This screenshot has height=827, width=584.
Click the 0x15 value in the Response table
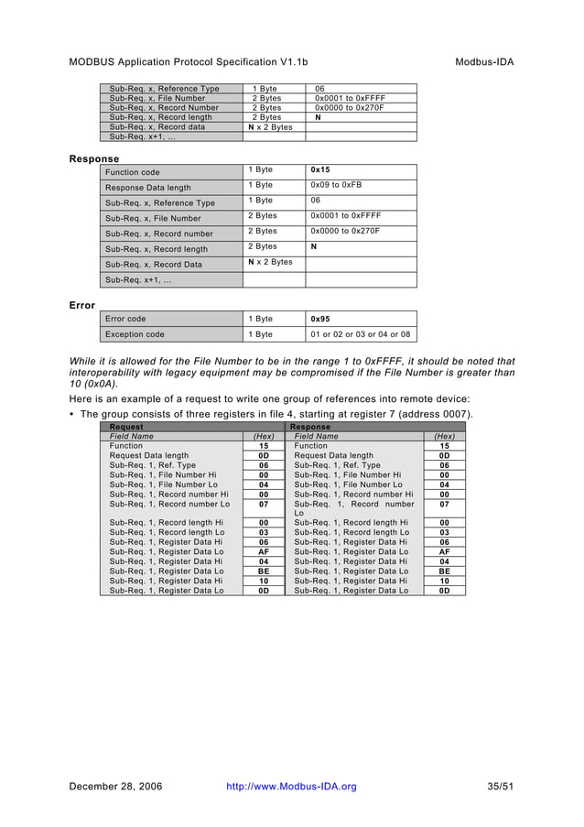point(320,170)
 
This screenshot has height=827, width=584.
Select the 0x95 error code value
point(320,319)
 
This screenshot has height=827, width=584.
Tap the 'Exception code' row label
point(135,334)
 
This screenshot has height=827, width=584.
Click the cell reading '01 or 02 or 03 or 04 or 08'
point(361,334)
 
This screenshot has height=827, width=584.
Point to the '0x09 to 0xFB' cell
point(336,185)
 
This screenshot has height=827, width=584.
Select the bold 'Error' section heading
point(82,305)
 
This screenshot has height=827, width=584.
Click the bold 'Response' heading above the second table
point(93,158)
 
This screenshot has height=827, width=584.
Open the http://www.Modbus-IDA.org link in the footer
point(291,787)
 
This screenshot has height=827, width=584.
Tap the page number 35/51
point(501,787)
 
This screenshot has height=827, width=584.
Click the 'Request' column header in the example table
point(126,427)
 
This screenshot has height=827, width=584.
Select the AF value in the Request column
point(264,552)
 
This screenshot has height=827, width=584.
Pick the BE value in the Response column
point(445,571)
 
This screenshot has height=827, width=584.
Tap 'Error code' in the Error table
point(125,319)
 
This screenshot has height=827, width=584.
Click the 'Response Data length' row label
point(142,187)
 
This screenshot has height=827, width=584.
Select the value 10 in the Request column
point(264,582)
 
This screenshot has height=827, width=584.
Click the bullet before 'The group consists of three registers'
point(72,415)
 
